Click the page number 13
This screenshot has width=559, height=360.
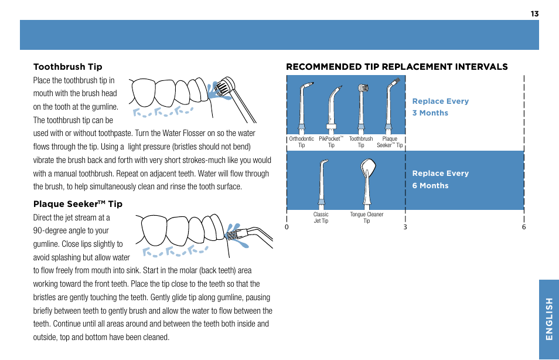pos(534,13)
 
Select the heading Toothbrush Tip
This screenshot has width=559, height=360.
pos(67,67)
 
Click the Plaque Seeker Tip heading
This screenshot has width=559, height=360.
pos(77,204)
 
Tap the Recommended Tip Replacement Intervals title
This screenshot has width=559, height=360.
pos(397,67)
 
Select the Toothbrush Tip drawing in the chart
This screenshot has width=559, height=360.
pos(362,106)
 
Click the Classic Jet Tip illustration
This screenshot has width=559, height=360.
pos(321,183)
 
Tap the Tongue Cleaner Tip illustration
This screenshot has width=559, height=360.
pos(366,182)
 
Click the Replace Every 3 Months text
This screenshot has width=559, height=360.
pos(440,107)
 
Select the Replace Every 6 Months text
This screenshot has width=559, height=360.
pos(440,179)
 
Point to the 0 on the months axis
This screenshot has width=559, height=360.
pos(287,227)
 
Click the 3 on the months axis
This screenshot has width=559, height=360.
pos(405,227)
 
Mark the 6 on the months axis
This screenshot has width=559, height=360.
pos(524,227)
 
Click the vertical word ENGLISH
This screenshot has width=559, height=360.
pos(548,319)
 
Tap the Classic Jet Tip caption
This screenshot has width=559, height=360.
pos(321,218)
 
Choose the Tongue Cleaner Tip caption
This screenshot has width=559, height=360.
pos(366,218)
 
